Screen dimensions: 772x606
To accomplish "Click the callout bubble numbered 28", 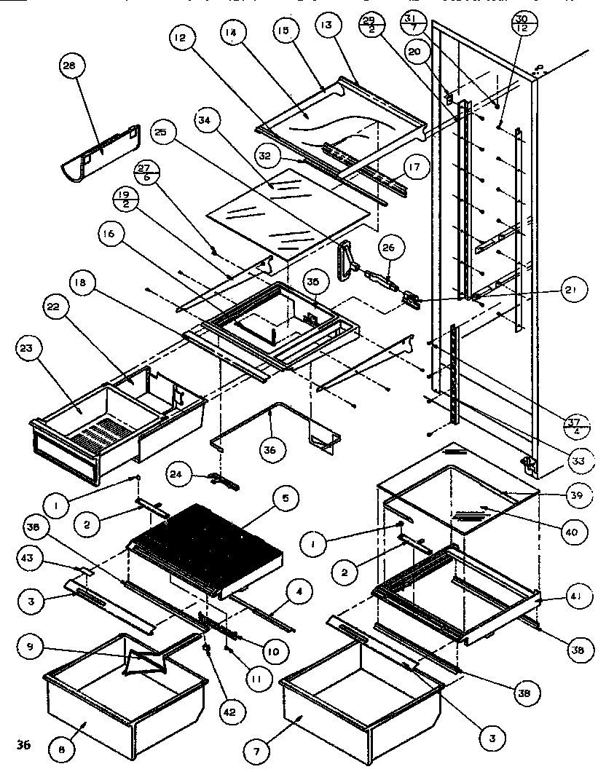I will (x=71, y=66).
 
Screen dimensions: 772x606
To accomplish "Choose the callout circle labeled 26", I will (x=387, y=249).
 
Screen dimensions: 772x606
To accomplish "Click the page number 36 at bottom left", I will (x=24, y=744).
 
